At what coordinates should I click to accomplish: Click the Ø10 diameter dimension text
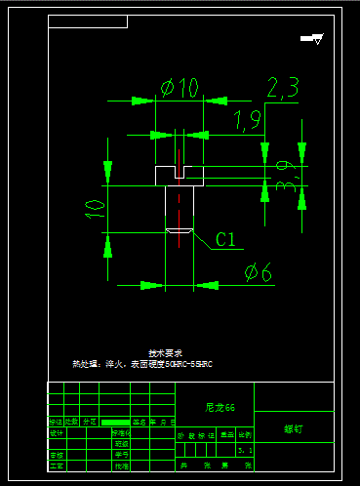click(180, 87)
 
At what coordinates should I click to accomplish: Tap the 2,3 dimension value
click(282, 89)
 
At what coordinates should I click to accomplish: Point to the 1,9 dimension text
click(248, 120)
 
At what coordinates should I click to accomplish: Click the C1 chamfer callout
click(226, 238)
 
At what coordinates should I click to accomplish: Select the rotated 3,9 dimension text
click(286, 177)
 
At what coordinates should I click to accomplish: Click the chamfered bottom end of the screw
click(180, 231)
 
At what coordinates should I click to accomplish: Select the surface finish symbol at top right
click(313, 39)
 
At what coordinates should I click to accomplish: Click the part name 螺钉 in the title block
click(294, 428)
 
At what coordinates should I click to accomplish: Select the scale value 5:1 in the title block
click(244, 450)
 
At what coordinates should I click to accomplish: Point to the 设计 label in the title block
click(56, 432)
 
